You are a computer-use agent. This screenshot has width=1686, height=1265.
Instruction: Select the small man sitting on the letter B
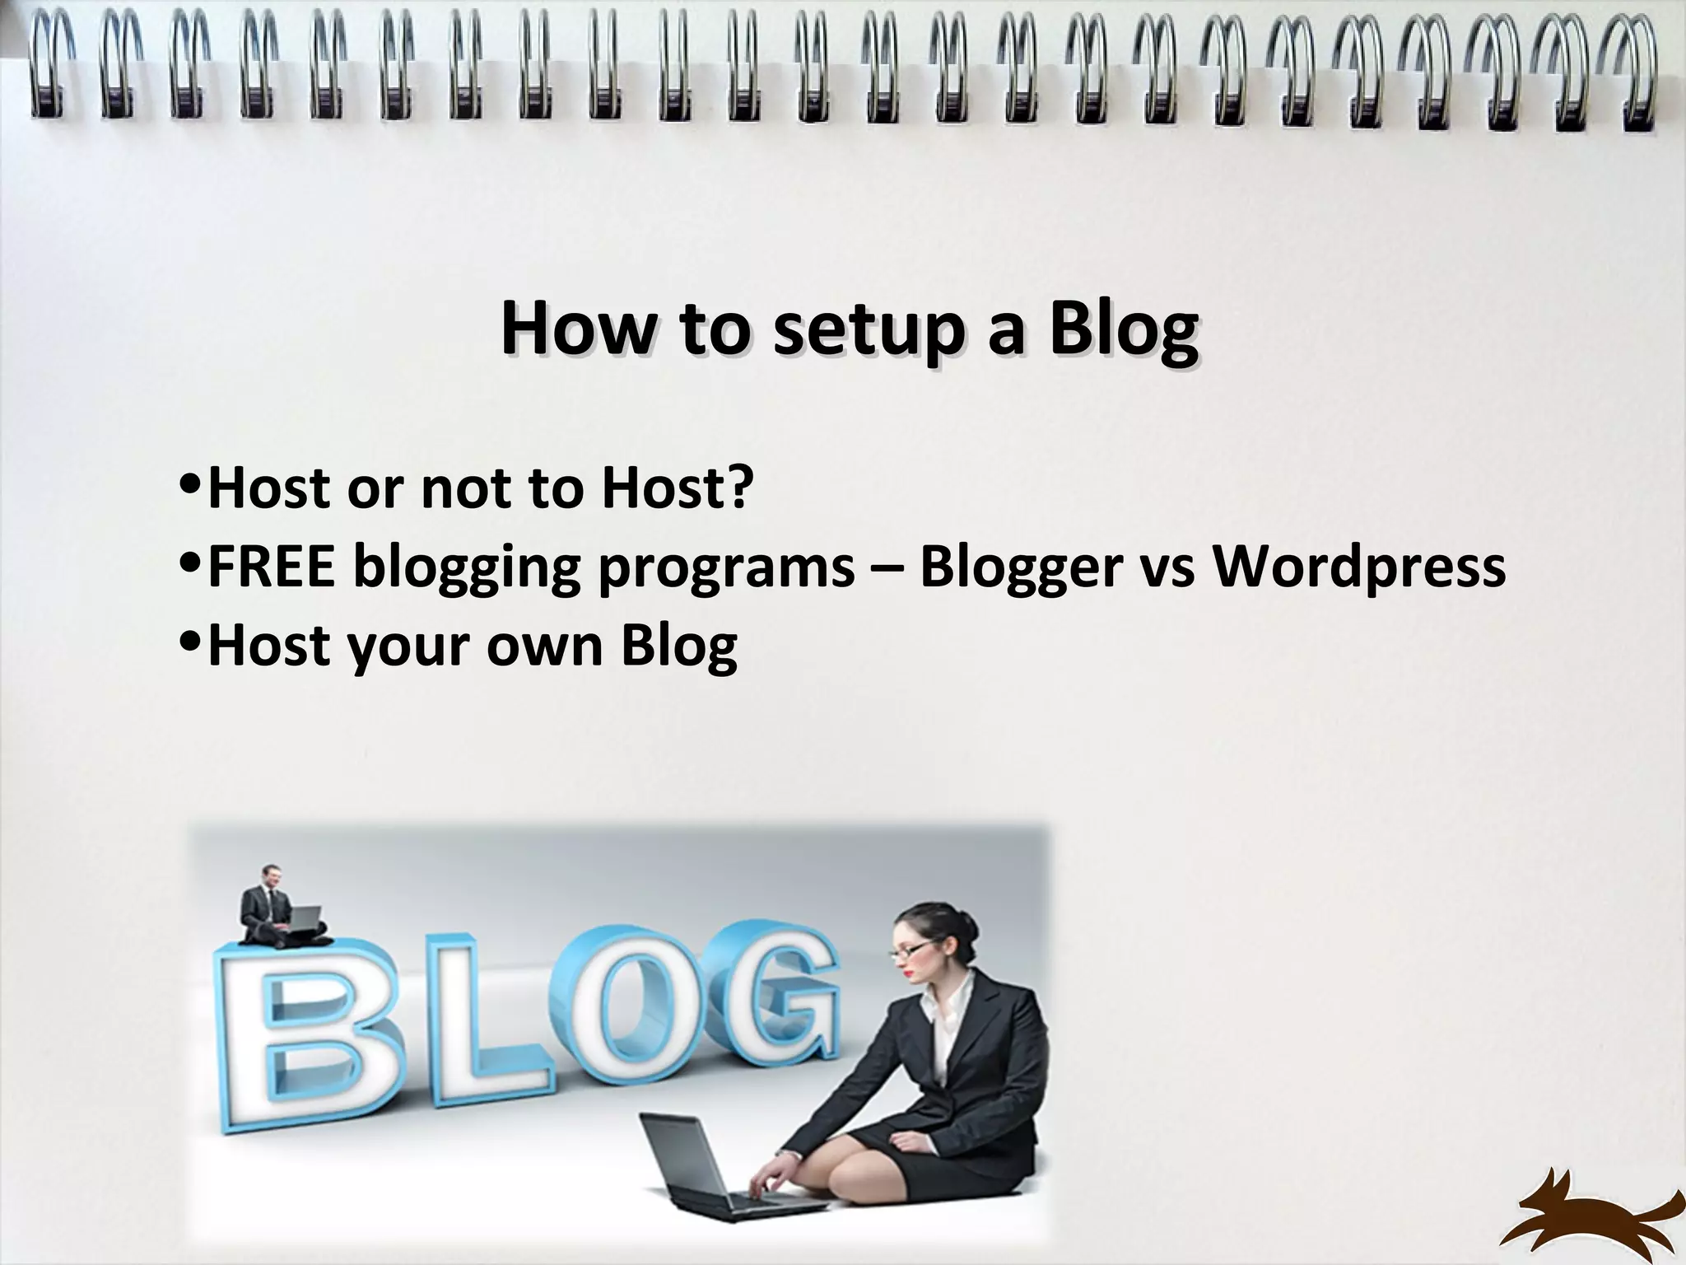tap(277, 906)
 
